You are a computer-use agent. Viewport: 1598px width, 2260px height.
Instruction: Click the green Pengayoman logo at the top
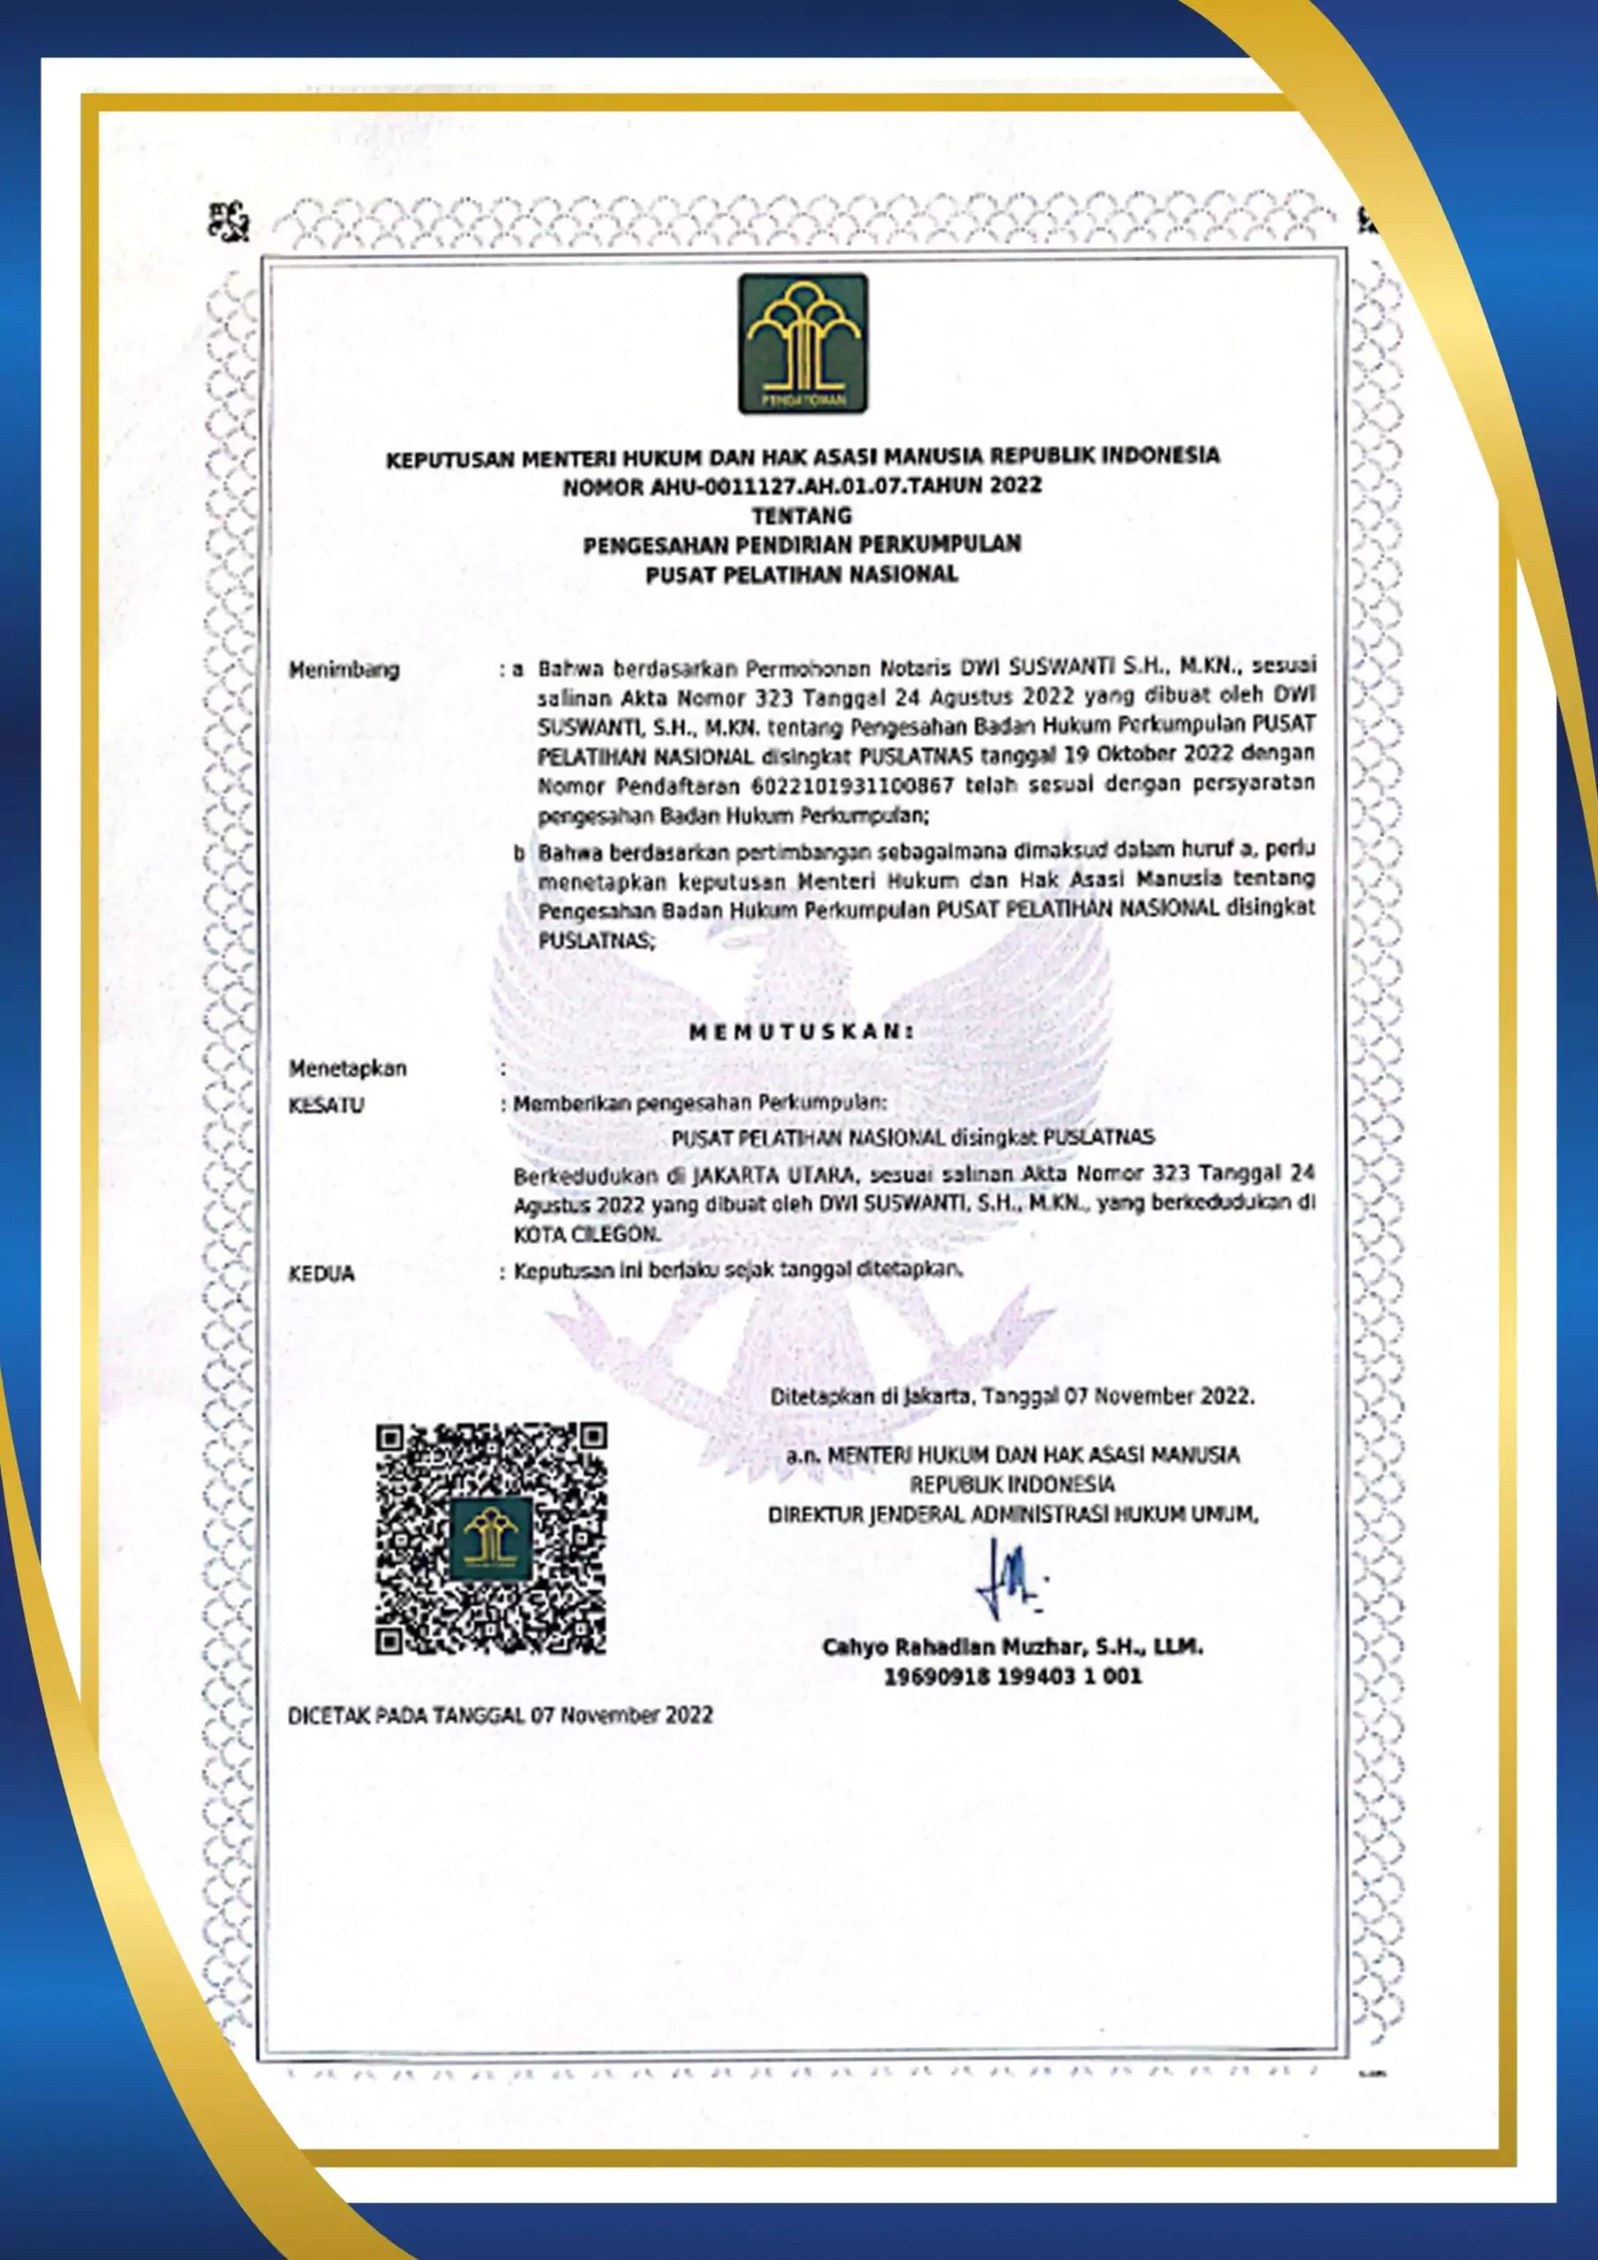[803, 343]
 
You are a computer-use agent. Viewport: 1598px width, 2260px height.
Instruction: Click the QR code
[490, 1538]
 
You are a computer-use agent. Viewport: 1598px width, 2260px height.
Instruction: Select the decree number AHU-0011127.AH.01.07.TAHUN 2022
[802, 486]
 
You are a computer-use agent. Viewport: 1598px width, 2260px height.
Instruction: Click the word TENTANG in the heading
[802, 515]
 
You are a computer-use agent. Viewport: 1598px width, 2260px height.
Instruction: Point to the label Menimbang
[343, 670]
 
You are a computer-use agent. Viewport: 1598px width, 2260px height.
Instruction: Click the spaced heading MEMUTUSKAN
[802, 1032]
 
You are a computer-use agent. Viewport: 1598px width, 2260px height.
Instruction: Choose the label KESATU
[326, 1105]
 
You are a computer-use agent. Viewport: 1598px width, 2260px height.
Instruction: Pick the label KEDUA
[321, 1274]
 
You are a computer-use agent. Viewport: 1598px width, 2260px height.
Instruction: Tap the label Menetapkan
[348, 1068]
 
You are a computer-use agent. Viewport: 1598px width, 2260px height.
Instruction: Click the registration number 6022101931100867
[853, 786]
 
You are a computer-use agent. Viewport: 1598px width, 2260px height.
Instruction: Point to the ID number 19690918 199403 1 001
[1012, 1676]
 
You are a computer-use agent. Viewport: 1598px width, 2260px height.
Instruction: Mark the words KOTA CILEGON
[587, 1234]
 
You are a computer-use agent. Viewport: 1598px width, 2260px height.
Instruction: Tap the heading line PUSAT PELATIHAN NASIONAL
[802, 574]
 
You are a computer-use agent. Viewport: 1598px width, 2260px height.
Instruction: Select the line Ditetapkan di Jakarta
[1012, 1396]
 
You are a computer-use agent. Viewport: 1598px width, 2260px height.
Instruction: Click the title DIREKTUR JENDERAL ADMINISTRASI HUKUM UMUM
[1012, 1514]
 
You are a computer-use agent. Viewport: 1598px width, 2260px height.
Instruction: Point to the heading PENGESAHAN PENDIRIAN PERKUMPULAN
[802, 545]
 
